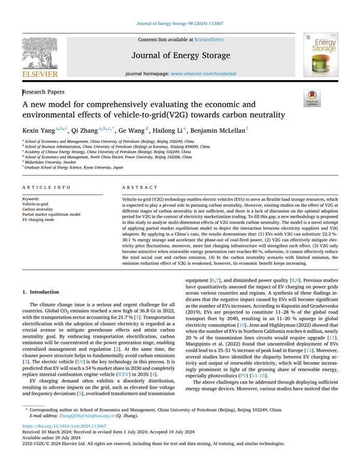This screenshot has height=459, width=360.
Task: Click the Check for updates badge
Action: click(313, 98)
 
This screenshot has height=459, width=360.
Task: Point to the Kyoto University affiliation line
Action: click(74, 167)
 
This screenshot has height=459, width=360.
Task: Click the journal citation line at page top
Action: click(179, 23)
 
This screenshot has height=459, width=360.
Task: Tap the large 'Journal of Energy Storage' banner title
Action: click(179, 55)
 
